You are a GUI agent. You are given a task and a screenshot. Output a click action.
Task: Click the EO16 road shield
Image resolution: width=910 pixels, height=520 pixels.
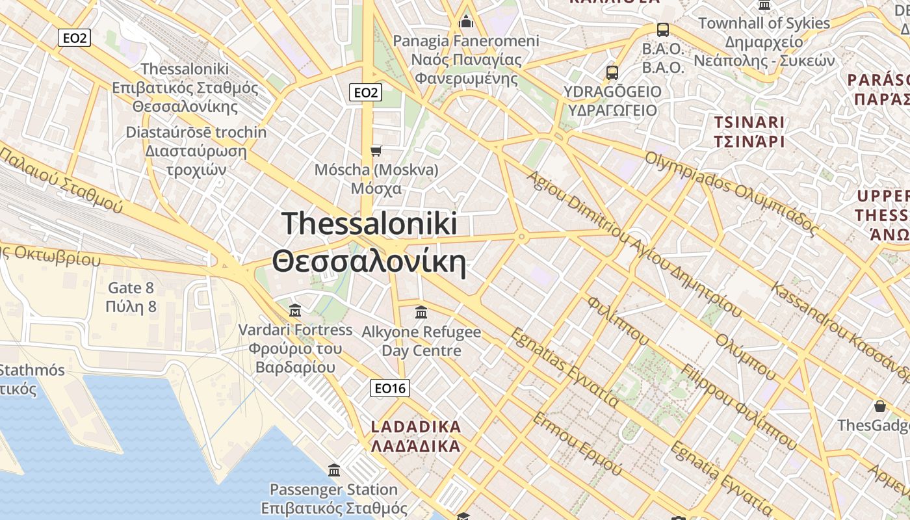pyautogui.click(x=390, y=389)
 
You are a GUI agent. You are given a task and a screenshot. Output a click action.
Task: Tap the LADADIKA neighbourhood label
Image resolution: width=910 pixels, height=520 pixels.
pyautogui.click(x=415, y=437)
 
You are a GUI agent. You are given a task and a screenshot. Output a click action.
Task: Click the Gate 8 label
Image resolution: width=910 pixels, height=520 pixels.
pyautogui.click(x=131, y=297)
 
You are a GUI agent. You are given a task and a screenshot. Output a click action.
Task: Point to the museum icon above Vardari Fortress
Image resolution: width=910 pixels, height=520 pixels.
pyautogui.click(x=295, y=309)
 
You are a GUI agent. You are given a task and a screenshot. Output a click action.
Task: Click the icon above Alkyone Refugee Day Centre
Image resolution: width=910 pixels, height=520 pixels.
pyautogui.click(x=421, y=313)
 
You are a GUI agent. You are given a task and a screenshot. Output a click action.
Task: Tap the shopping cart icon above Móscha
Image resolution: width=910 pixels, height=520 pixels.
pyautogui.click(x=376, y=151)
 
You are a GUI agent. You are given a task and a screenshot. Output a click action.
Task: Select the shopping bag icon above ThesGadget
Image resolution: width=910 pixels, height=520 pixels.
pyautogui.click(x=880, y=407)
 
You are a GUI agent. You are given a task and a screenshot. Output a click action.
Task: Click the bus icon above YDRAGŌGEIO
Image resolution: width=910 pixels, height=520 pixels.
pyautogui.click(x=612, y=73)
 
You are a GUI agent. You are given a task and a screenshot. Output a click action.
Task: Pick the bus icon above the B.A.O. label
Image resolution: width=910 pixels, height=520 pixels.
pyautogui.click(x=663, y=30)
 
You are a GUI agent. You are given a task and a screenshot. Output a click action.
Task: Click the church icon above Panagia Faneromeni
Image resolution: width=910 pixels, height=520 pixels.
pyautogui.click(x=465, y=23)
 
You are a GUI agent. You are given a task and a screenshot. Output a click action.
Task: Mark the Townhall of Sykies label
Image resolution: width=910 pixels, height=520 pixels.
pyautogui.click(x=764, y=23)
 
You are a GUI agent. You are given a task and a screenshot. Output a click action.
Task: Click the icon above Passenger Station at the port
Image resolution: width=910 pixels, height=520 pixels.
pyautogui.click(x=334, y=470)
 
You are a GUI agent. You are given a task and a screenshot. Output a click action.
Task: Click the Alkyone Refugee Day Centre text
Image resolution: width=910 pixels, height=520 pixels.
pyautogui.click(x=421, y=341)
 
